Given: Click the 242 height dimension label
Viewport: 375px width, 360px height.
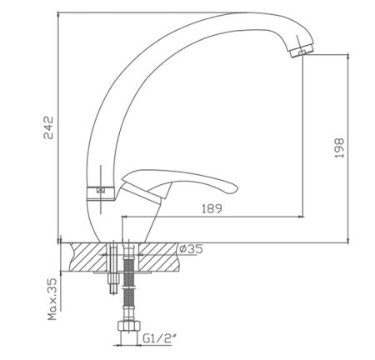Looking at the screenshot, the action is (48, 127).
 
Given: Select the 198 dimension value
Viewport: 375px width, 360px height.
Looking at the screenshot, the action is (339, 147).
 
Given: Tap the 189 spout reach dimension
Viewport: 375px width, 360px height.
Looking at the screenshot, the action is (212, 208).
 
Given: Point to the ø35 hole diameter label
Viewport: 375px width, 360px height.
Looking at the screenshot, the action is (191, 249).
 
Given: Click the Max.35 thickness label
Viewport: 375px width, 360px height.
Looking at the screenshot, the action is (52, 299).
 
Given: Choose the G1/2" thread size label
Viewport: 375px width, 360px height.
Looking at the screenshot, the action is (160, 338).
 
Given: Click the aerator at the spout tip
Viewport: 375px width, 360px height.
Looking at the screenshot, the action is (301, 52).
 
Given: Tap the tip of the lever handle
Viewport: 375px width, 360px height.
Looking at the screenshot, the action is (237, 189).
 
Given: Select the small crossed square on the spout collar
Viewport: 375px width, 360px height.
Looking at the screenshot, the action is (100, 191).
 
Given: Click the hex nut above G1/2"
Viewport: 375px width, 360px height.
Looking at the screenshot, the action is (129, 326).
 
